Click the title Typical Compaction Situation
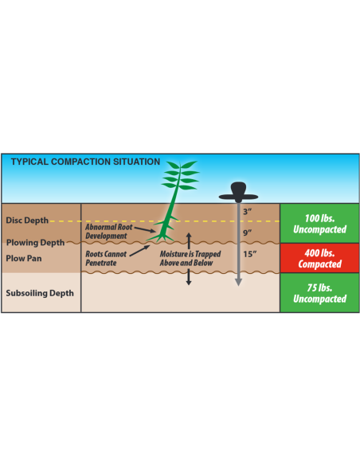85,162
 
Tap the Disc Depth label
27,221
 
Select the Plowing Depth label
35,243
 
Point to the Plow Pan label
24,258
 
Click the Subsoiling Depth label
40,293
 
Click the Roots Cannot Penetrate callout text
106,258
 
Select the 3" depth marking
248,212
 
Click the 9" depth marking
248,232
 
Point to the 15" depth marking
249,254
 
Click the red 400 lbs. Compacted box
319,258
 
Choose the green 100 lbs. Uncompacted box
319,223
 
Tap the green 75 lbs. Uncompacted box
319,293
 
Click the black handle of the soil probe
238,192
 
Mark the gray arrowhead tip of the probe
238,286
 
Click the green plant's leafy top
181,175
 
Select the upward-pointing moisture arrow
189,240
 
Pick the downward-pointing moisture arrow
189,277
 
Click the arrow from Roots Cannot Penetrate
139,251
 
